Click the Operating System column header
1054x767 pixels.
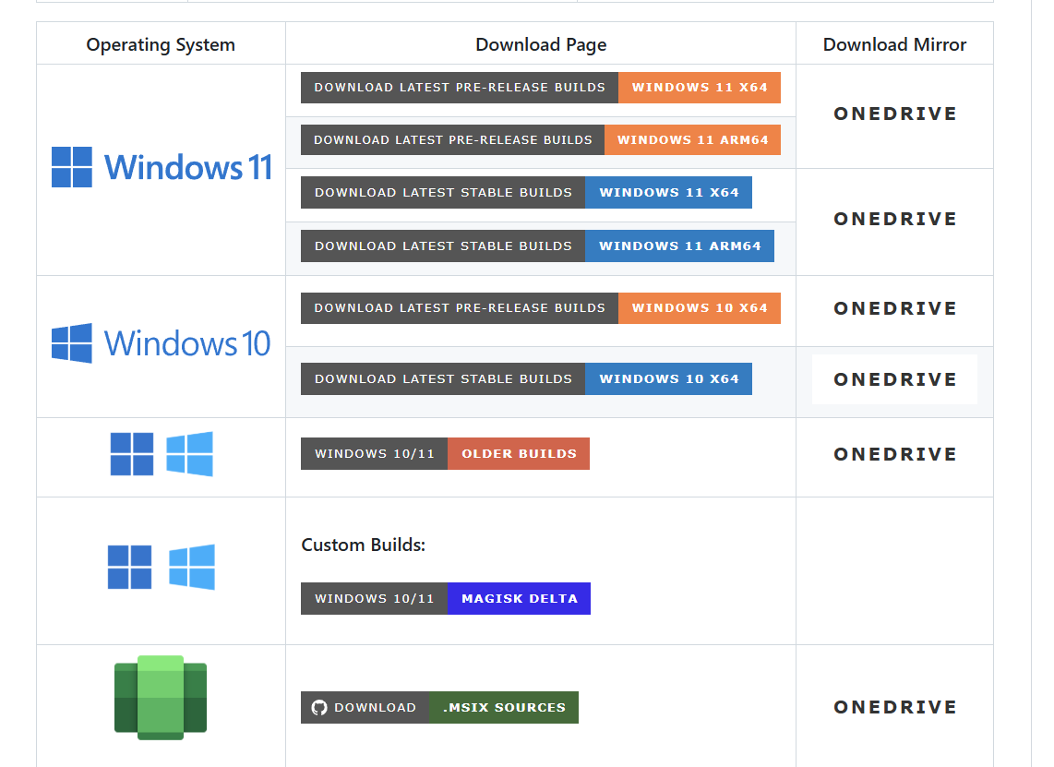[x=161, y=44]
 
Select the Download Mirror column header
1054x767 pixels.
[x=894, y=44]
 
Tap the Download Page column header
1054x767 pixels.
[x=541, y=44]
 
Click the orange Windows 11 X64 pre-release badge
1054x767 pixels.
[x=700, y=88]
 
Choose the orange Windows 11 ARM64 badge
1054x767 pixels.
[x=692, y=140]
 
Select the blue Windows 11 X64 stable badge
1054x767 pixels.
[x=668, y=193]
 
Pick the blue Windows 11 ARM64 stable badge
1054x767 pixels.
[x=679, y=246]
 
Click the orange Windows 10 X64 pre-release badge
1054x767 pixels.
[x=700, y=308]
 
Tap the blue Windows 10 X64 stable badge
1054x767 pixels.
[x=668, y=379]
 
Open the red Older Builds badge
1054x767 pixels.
[x=519, y=454]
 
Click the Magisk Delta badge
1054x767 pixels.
[x=519, y=599]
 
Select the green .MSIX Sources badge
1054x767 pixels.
[x=504, y=708]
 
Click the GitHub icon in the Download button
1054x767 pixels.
[x=319, y=708]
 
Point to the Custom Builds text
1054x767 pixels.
[x=363, y=545]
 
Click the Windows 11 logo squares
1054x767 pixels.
[x=72, y=167]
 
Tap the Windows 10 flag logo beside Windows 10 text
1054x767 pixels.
[x=72, y=343]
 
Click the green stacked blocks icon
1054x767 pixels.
[x=161, y=698]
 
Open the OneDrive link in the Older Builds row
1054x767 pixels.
[x=894, y=454]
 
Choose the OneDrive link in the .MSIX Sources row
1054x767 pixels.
[x=894, y=707]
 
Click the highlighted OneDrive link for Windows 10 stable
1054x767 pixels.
[x=894, y=379]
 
